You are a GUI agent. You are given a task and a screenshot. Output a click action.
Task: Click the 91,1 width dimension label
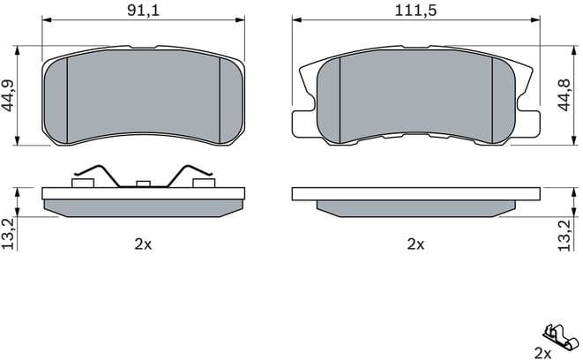click(x=143, y=10)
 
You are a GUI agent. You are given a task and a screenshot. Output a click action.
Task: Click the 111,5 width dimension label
click(x=415, y=10)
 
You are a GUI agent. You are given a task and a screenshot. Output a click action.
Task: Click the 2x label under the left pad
click(x=143, y=244)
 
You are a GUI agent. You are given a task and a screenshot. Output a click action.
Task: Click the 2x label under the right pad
click(x=415, y=244)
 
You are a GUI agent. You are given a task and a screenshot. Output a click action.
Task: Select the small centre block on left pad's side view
click(x=143, y=184)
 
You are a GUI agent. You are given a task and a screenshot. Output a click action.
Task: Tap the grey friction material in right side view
click(x=415, y=206)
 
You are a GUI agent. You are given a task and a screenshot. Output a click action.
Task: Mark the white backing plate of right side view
click(x=415, y=193)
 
